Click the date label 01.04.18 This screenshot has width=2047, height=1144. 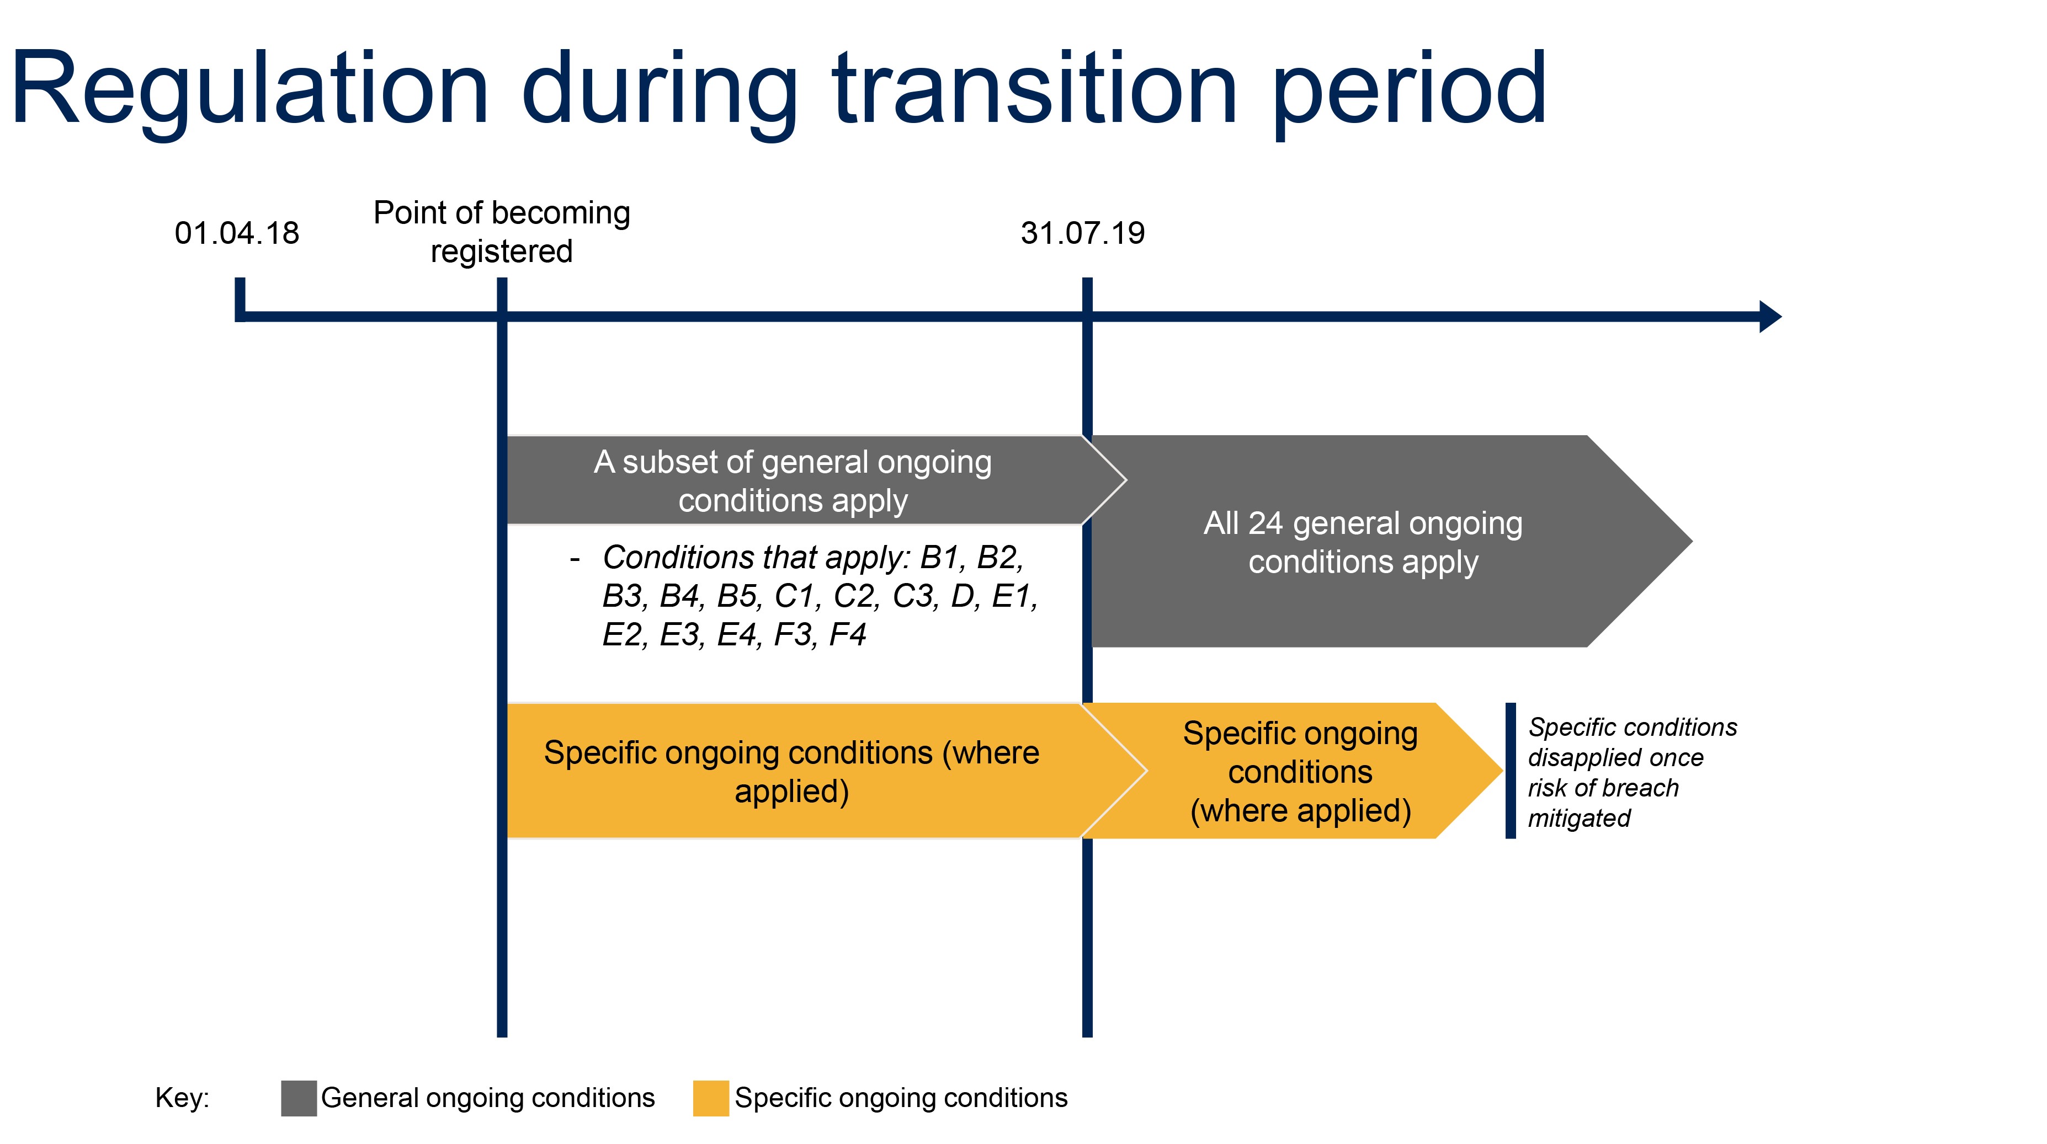(237, 233)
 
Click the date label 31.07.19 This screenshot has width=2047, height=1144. (1082, 233)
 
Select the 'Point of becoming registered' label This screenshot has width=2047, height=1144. (502, 232)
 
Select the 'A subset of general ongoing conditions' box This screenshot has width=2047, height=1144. (793, 480)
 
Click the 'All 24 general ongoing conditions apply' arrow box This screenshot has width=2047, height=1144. (1363, 542)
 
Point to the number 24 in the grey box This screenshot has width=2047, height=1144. (1265, 523)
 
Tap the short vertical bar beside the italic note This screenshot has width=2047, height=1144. (1510, 770)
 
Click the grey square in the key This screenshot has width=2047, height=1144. (299, 1098)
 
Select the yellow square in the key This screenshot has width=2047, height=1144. (710, 1098)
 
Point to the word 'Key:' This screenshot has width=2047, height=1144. (182, 1098)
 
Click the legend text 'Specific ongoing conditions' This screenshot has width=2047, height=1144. (900, 1098)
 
